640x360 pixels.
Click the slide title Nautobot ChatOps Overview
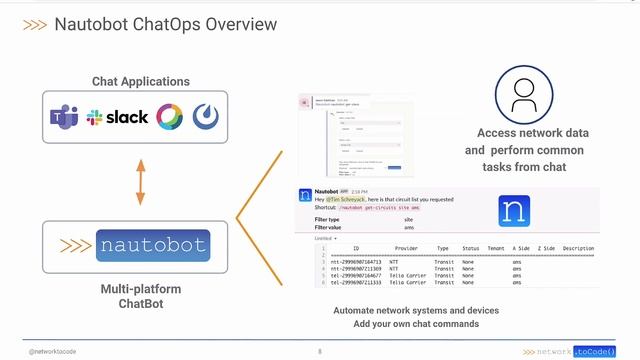[x=165, y=23]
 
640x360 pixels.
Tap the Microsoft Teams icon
[x=65, y=117]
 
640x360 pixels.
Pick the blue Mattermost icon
[x=207, y=117]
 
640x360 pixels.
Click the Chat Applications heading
[x=140, y=81]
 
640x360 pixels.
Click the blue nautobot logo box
[x=152, y=245]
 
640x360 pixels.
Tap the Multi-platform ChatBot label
[x=141, y=296]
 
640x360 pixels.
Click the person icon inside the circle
[x=525, y=95]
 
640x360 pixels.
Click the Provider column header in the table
[x=406, y=248]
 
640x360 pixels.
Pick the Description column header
[x=578, y=248]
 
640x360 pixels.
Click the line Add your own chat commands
[x=416, y=324]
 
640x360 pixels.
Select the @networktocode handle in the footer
[x=54, y=352]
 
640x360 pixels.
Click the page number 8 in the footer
[x=320, y=352]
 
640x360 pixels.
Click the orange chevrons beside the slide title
[x=33, y=23]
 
